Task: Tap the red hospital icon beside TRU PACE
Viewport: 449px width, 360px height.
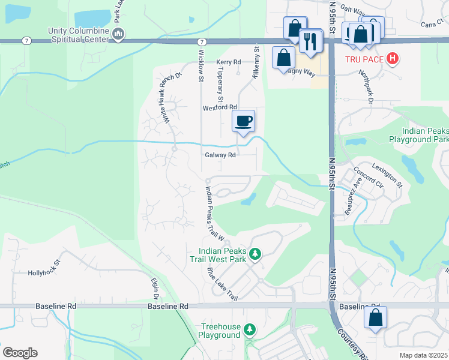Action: click(x=392, y=59)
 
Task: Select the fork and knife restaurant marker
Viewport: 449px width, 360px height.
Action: click(x=310, y=41)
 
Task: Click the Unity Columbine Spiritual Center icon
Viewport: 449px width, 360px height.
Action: click(x=119, y=35)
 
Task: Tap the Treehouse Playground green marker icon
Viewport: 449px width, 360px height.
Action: click(x=250, y=329)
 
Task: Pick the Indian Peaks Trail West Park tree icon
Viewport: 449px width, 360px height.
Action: click(x=255, y=254)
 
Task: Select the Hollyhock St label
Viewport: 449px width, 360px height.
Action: click(x=45, y=272)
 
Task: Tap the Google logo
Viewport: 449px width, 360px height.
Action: click(x=20, y=353)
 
